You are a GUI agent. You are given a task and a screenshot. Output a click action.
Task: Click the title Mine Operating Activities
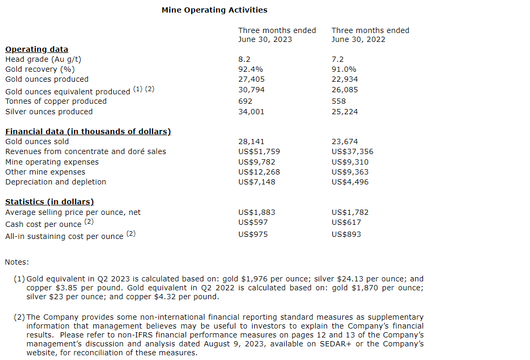[214, 10]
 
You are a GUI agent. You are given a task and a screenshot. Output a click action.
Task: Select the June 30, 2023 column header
[277, 35]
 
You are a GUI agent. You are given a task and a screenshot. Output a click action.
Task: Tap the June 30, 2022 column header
[370, 35]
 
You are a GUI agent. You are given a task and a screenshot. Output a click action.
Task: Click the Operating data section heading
[37, 49]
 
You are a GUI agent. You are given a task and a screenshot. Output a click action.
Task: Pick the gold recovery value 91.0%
[344, 69]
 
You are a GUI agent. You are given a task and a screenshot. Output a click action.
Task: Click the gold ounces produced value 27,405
[251, 79]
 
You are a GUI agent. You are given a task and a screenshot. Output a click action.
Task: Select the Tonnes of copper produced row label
[56, 101]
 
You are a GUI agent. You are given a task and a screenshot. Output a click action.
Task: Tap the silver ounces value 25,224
[344, 112]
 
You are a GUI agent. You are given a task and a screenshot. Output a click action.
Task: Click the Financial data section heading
[88, 132]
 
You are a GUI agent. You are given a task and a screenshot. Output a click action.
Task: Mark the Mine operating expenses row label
[52, 162]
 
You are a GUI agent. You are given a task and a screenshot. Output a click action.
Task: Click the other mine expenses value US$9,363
[350, 172]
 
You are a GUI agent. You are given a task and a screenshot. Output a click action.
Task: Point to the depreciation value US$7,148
[256, 182]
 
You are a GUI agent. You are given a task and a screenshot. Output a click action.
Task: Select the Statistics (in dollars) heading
[49, 202]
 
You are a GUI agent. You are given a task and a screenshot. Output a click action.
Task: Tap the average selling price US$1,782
[350, 212]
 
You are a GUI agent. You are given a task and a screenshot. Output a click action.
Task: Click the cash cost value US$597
[252, 222]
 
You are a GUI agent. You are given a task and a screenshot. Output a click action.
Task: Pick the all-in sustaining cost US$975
[253, 234]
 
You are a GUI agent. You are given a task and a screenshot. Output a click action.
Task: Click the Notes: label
[17, 262]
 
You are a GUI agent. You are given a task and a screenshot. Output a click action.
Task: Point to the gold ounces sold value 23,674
[344, 141]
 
